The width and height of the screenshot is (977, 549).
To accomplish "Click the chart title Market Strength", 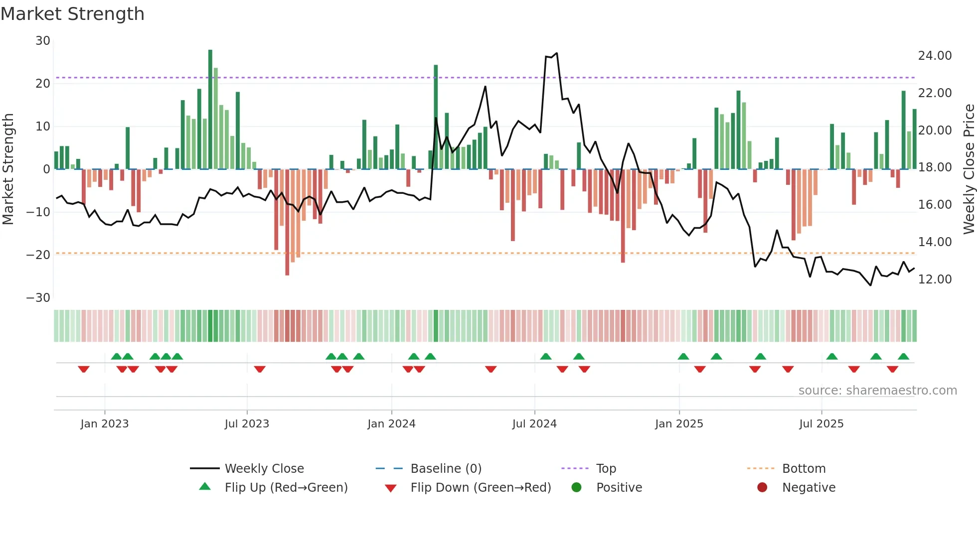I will pyautogui.click(x=72, y=14).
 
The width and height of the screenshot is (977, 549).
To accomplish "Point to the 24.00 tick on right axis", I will pyautogui.click(x=935, y=56).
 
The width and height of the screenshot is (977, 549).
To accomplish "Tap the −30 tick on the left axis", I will pyautogui.click(x=38, y=298).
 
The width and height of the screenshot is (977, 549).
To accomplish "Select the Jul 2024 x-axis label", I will pyautogui.click(x=534, y=424).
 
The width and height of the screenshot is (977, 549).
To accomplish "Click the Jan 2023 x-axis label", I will pyautogui.click(x=105, y=424).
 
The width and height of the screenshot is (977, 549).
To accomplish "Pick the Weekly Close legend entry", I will pyautogui.click(x=264, y=469).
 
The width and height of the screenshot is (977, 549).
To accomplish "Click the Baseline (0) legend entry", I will pyautogui.click(x=446, y=469).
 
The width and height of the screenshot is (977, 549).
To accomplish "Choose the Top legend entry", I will pyautogui.click(x=606, y=469).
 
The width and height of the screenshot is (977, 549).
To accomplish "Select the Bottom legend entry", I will pyautogui.click(x=804, y=469).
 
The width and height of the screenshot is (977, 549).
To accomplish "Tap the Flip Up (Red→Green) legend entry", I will pyautogui.click(x=286, y=488).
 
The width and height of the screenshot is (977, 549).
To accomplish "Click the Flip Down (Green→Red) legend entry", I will pyautogui.click(x=481, y=488).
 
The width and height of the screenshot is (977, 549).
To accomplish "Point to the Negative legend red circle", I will pyautogui.click(x=762, y=488).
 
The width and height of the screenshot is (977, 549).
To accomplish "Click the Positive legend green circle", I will pyautogui.click(x=577, y=488).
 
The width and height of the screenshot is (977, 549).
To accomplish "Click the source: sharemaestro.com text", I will pyautogui.click(x=877, y=391).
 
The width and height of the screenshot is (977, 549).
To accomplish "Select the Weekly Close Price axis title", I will pyautogui.click(x=969, y=169).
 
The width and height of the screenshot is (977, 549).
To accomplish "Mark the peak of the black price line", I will pyautogui.click(x=556, y=53).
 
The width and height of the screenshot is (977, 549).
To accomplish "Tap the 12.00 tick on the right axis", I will pyautogui.click(x=935, y=279).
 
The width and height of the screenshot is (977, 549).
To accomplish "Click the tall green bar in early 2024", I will pyautogui.click(x=436, y=117).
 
